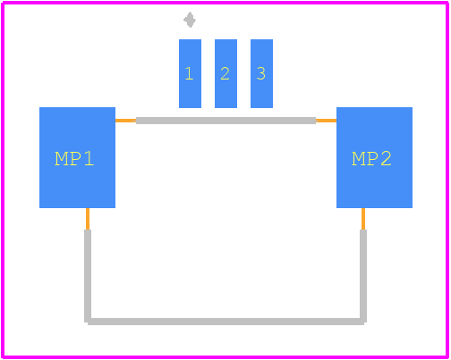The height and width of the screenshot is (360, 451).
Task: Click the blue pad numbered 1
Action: pos(190,73)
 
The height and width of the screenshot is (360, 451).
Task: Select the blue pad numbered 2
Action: pos(225,73)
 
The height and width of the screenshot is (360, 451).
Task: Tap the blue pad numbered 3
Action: pos(261,73)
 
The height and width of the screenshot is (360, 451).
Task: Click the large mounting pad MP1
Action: pos(77,157)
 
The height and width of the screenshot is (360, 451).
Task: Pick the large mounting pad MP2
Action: pos(374,157)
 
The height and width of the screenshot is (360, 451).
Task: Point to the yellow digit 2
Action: pos(225,73)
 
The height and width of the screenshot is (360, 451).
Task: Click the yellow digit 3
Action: pos(261,73)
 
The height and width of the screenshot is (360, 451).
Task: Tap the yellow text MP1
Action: pos(74,159)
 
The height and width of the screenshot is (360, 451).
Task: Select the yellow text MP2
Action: pos(371,159)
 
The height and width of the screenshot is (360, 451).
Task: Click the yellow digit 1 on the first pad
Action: pos(189,73)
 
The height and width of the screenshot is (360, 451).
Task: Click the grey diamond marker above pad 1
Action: pos(190,20)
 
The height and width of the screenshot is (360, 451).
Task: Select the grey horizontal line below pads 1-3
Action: pos(225,121)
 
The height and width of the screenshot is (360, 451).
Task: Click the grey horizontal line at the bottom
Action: pos(225,322)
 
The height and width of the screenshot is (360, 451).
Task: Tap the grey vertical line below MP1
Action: pos(88,276)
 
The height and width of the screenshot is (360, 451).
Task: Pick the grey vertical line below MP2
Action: pos(363,276)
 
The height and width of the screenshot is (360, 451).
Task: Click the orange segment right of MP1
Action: pos(125,121)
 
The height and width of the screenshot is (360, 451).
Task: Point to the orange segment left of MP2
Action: pos(326,121)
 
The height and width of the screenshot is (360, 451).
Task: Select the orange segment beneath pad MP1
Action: pos(88,219)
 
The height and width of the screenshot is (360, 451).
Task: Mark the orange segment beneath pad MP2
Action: pos(363,219)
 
